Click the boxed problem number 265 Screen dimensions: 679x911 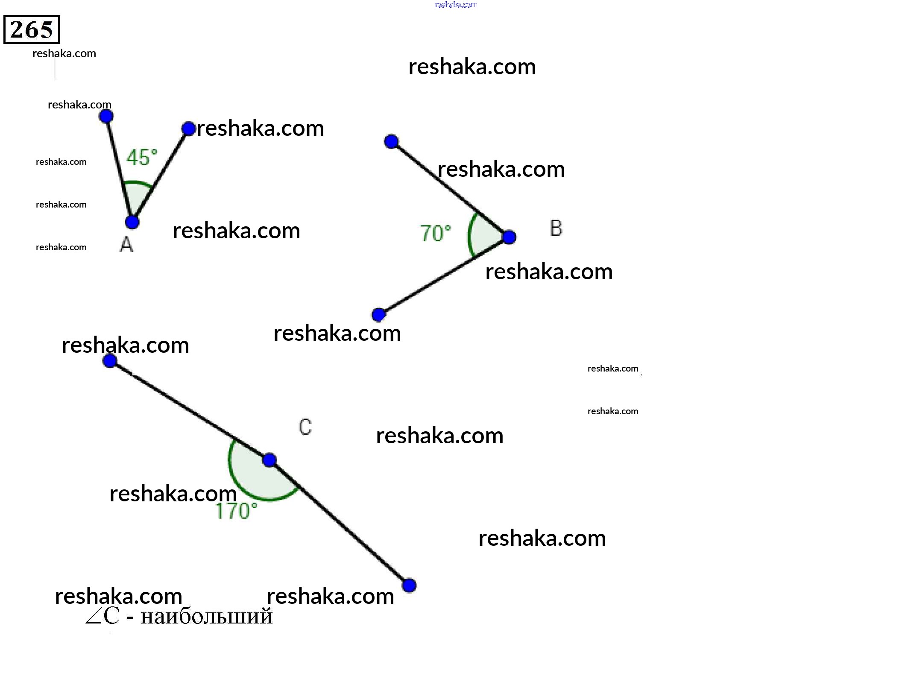[32, 29]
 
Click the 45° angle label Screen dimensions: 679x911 [142, 158]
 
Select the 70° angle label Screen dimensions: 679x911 [435, 234]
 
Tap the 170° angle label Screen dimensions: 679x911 [236, 511]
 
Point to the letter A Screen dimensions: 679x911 [126, 245]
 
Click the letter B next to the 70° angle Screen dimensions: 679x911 [556, 228]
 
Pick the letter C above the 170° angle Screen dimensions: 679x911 [305, 427]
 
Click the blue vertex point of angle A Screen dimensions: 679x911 [132, 222]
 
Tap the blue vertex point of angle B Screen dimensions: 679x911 [509, 237]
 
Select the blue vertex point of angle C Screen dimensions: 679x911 [269, 460]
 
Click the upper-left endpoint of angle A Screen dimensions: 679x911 [106, 116]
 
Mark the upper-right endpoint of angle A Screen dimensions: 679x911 [188, 129]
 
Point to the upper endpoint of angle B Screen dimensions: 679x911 [391, 141]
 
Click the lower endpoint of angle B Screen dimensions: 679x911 [378, 315]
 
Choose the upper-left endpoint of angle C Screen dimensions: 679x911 [110, 361]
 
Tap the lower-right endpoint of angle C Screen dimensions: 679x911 [409, 585]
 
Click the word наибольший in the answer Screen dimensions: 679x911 [206, 616]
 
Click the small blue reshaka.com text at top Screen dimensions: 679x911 [456, 5]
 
